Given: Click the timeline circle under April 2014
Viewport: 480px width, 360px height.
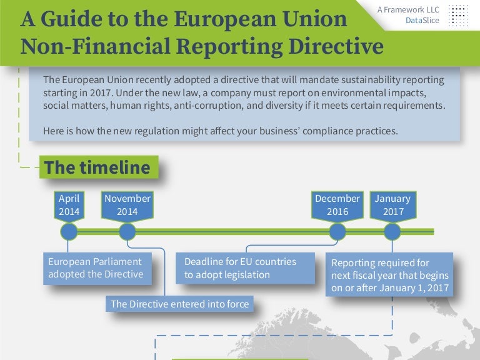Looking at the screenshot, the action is point(69,232).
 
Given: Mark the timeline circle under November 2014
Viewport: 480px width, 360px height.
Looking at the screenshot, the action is point(127,232).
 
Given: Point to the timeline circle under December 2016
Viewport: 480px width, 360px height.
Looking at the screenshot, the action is point(337,232).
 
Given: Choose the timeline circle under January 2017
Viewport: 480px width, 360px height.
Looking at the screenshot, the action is point(392,232).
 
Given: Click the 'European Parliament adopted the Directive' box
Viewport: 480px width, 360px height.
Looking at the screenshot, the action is point(97,269).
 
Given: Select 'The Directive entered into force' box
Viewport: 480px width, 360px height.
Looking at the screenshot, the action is point(180,304).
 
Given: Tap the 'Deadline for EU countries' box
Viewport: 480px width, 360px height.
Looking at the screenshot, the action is point(245,268).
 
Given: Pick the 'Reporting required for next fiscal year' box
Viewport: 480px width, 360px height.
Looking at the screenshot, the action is point(389,274).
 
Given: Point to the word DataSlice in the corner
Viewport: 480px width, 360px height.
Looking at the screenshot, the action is point(422,21).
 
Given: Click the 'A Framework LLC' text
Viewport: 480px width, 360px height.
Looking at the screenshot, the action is point(408,10).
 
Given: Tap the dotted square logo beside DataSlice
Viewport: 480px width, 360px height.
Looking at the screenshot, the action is point(458,16).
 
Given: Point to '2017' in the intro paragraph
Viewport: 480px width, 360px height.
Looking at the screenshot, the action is point(100,92).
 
